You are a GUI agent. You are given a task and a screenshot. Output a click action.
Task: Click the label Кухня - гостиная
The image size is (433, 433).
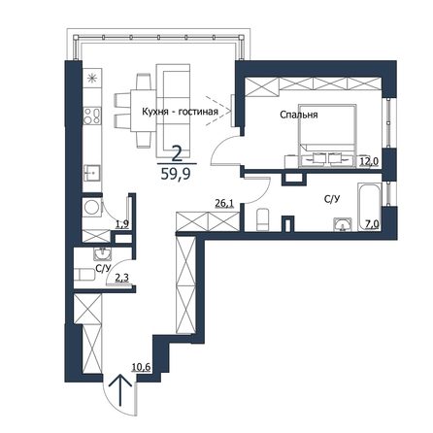pyautogui.click(x=181, y=112)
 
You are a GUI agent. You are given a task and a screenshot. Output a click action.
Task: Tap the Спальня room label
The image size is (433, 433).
pyautogui.click(x=299, y=115)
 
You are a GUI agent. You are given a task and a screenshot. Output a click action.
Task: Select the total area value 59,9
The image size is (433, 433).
pyautogui.click(x=177, y=174)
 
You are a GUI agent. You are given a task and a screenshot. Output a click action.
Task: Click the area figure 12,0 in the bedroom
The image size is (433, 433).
pyautogui.click(x=369, y=161)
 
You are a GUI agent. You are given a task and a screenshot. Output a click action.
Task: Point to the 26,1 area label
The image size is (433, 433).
pyautogui.click(x=224, y=203)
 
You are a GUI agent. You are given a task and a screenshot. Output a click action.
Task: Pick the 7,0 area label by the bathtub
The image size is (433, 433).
pyautogui.click(x=372, y=224)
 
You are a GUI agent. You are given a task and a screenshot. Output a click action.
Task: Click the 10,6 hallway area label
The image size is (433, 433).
pyautogui.click(x=141, y=367)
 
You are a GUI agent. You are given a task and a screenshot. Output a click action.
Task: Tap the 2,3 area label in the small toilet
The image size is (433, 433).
pyautogui.click(x=121, y=278)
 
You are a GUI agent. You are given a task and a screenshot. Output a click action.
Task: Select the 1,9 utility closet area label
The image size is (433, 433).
pyautogui.click(x=122, y=224)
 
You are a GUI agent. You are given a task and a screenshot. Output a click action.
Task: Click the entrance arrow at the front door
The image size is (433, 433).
pyautogui.click(x=120, y=390)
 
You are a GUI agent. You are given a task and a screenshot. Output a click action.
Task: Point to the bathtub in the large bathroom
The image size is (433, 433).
pyautogui.click(x=370, y=207)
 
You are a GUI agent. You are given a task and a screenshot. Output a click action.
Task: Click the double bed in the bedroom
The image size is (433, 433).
pyautogui.click(x=327, y=136)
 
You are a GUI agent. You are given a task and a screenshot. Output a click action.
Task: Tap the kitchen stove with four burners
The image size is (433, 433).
pyautogui.click(x=92, y=117)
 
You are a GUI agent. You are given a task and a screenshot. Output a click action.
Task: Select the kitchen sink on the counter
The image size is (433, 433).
pyautogui.click(x=92, y=173)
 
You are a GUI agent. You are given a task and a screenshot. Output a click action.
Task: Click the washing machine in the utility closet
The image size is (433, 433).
pyautogui.click(x=92, y=208)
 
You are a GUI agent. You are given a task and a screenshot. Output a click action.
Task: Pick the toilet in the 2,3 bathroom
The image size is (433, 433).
pyautogui.click(x=84, y=276)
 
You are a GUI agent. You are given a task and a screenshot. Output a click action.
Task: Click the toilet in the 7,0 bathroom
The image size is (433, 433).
pyautogui.click(x=262, y=220)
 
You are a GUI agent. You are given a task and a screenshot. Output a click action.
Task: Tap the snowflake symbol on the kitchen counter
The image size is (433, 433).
pyautogui.click(x=92, y=78)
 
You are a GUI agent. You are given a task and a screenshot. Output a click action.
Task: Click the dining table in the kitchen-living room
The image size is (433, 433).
pyautogui.click(x=144, y=111)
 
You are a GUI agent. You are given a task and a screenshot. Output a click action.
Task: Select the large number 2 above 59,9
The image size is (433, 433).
pyautogui.click(x=177, y=154)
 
